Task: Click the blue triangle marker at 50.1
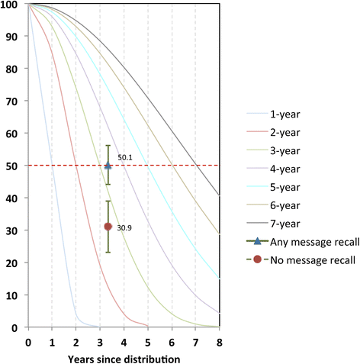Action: (108, 165)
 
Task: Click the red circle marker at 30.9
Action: (108, 227)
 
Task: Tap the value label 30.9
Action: (125, 228)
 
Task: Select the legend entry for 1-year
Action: (284, 115)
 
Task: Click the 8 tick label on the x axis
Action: (220, 341)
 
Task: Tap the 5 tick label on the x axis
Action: (148, 341)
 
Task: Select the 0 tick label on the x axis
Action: (28, 341)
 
